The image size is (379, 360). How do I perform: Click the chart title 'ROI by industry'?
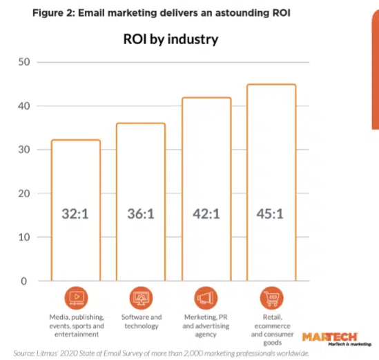pyautogui.click(x=170, y=39)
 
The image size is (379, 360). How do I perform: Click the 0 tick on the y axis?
pyautogui.click(x=27, y=281)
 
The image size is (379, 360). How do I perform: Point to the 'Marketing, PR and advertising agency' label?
pyautogui.click(x=206, y=326)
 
